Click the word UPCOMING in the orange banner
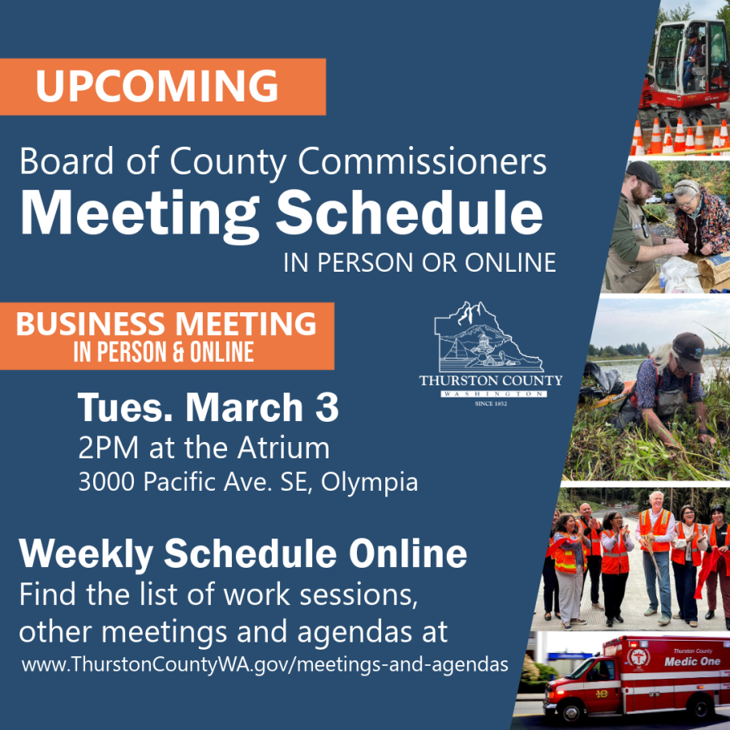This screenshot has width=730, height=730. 157,87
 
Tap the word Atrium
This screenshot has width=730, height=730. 287,448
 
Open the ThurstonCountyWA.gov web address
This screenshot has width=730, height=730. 265,664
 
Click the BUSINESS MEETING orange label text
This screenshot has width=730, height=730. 166,324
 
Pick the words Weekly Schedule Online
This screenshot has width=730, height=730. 243,554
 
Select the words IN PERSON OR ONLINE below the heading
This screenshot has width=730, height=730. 419,261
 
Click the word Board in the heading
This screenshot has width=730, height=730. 58,161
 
